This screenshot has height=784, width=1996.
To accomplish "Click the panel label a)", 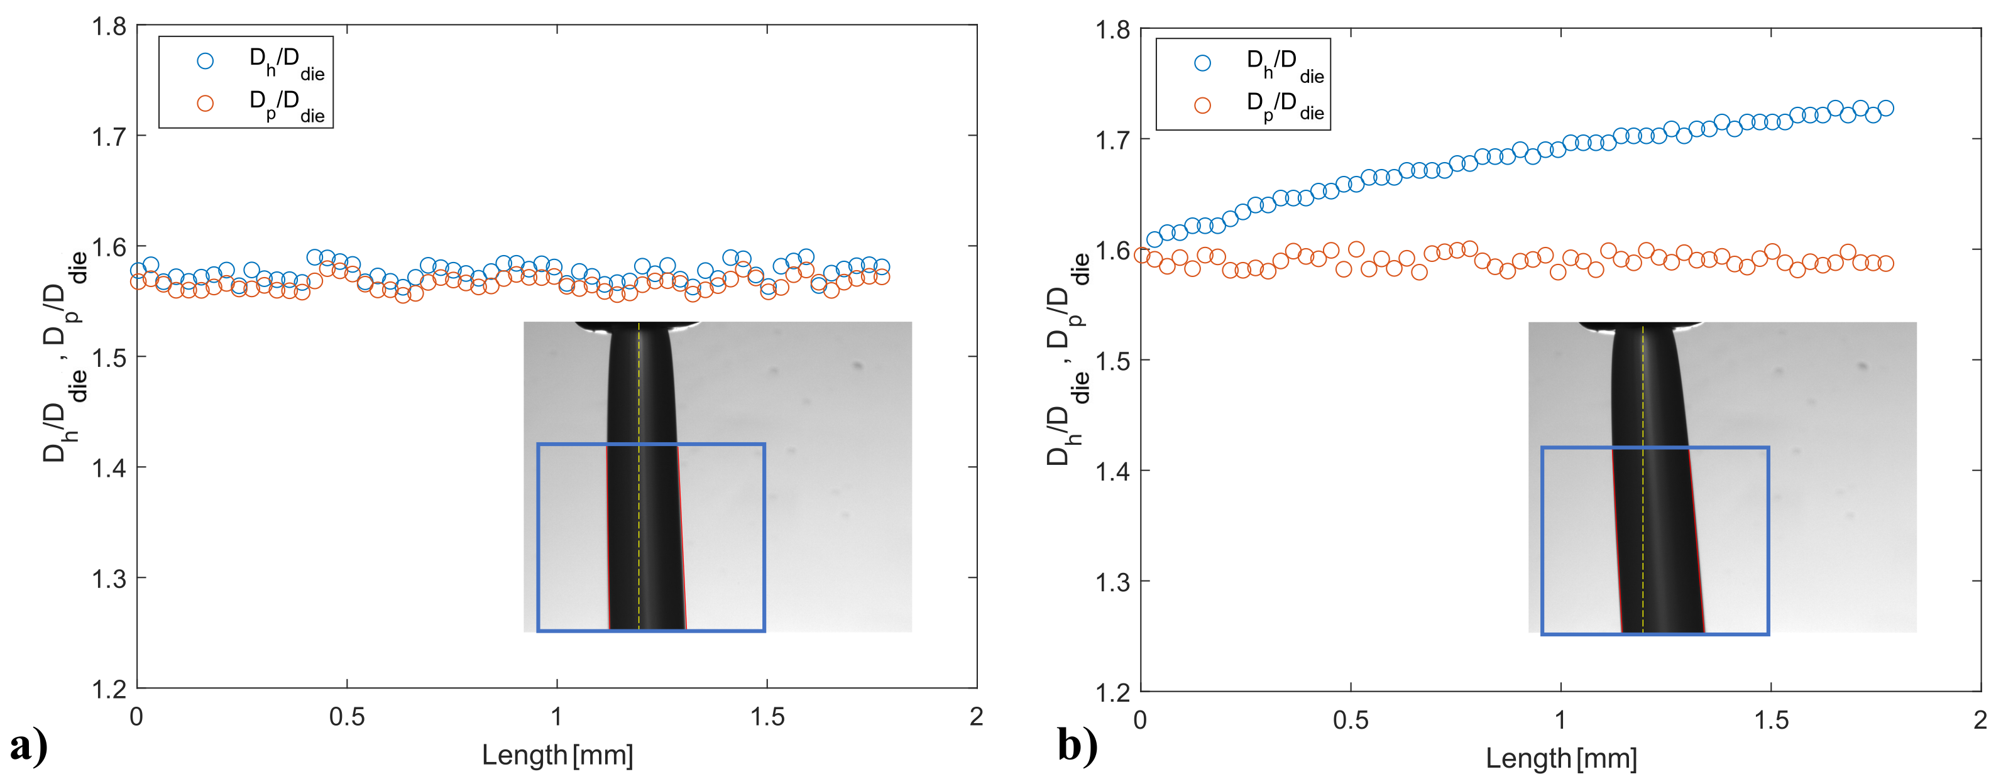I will click(x=29, y=747).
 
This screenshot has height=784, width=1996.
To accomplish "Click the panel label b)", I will click(x=1077, y=747).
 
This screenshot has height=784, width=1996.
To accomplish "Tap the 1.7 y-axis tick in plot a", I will click(x=109, y=137).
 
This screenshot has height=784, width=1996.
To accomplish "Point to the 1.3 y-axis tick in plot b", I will click(x=1112, y=582).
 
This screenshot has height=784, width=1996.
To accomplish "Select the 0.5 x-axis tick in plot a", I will click(x=346, y=717).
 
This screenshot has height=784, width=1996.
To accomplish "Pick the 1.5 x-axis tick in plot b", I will click(x=1770, y=721).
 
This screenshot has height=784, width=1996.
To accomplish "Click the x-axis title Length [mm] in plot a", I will click(x=557, y=754).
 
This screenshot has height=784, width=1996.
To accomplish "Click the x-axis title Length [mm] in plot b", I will click(x=1560, y=758).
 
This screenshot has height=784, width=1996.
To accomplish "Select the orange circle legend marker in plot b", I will click(x=1202, y=106).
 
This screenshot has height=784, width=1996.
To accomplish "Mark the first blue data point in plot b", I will click(x=1154, y=239).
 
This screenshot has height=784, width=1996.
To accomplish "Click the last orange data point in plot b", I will click(x=1885, y=263).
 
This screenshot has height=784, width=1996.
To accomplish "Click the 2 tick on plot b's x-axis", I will click(x=1980, y=721).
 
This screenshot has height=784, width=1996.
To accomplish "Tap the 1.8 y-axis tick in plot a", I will click(x=109, y=27).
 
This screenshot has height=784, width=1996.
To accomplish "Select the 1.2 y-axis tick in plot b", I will click(x=1112, y=692).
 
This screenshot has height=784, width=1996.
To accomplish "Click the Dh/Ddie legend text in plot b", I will click(x=1284, y=63).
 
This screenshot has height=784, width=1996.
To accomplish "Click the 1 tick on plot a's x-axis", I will click(x=556, y=717).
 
